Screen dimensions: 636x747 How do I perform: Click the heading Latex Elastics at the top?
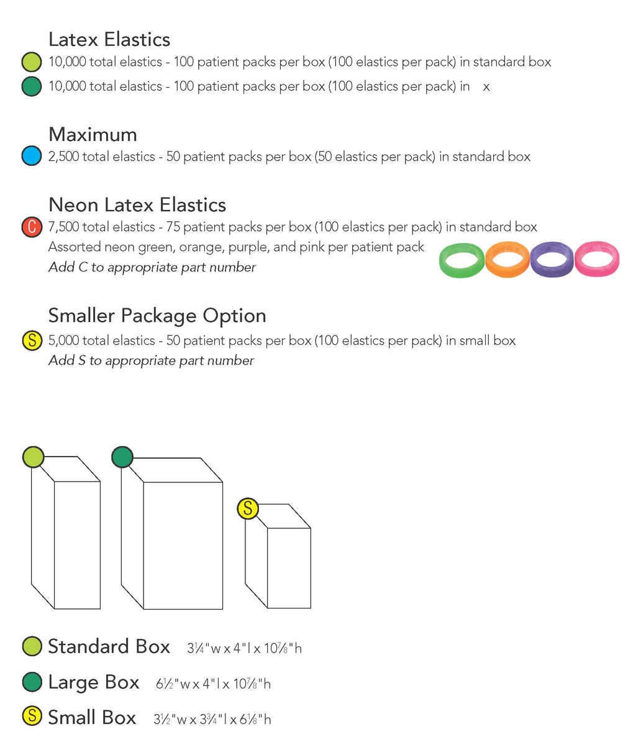pos(109,39)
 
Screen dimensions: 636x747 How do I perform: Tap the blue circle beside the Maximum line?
pos(32,156)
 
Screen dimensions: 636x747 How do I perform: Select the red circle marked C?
pos(32,227)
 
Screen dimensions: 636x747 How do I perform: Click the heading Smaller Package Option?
pos(157,316)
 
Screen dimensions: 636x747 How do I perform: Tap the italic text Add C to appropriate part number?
pos(152,267)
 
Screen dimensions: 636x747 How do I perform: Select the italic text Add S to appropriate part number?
pos(152,360)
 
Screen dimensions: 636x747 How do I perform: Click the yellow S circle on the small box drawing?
pos(248,508)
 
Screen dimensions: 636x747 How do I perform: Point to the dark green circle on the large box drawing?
pos(122,457)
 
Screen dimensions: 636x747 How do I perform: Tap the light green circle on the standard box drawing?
pos(33,457)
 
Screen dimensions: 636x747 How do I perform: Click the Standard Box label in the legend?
pos(109,646)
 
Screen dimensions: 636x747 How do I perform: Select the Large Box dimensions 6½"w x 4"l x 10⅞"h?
pos(213,684)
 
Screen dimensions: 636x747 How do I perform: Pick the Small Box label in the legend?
pos(92,717)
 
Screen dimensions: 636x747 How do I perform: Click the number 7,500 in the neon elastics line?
pos(65,227)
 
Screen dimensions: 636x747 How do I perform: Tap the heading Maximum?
pos(93,135)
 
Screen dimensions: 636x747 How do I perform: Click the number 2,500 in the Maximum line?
pos(65,157)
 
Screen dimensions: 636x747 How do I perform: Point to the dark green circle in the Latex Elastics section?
pos(32,86)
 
